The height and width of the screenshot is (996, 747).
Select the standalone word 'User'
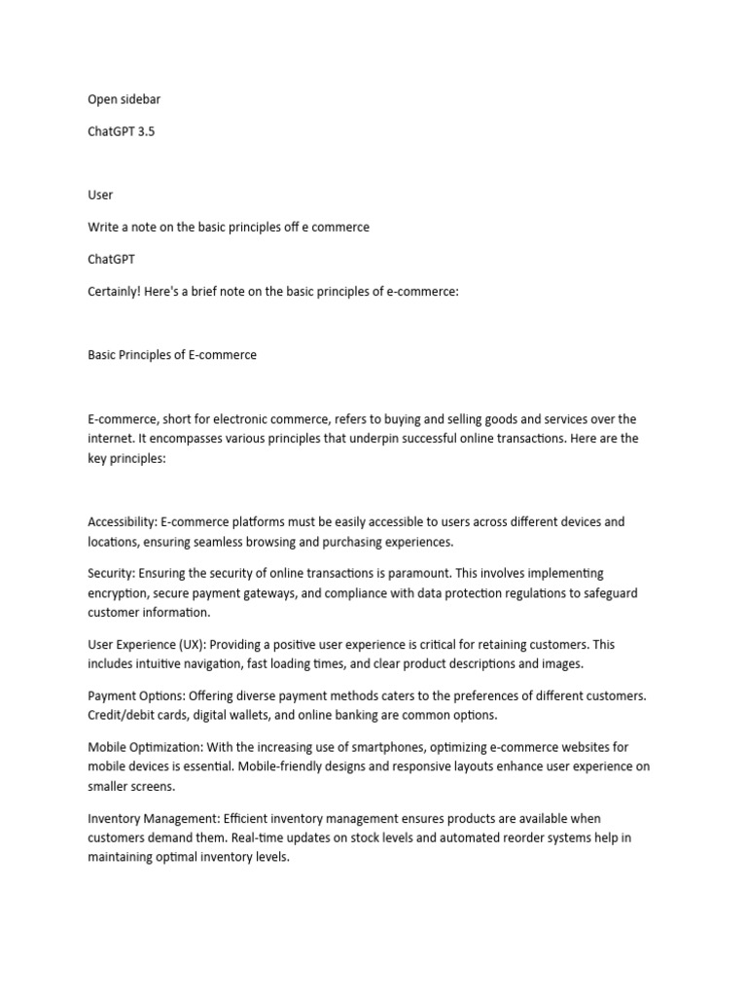pyautogui.click(x=100, y=195)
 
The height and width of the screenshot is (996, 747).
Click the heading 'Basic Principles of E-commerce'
pyautogui.click(x=172, y=355)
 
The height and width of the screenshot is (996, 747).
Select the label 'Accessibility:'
pyautogui.click(x=123, y=521)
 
